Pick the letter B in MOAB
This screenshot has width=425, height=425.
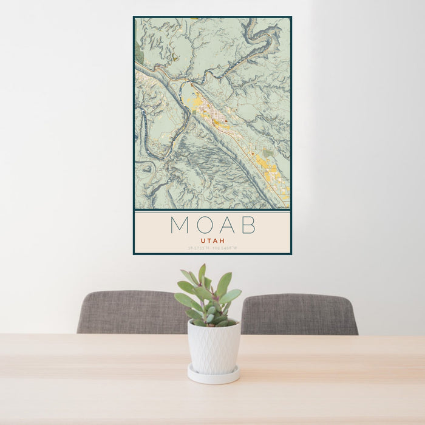point(248,225)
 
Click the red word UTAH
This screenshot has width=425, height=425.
point(212,241)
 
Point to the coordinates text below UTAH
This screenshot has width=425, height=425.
point(212,248)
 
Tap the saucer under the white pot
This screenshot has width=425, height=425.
point(213,376)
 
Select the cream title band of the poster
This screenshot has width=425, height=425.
point(212,232)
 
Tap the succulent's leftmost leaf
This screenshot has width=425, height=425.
point(182,299)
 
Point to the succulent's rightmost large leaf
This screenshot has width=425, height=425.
point(231,296)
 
